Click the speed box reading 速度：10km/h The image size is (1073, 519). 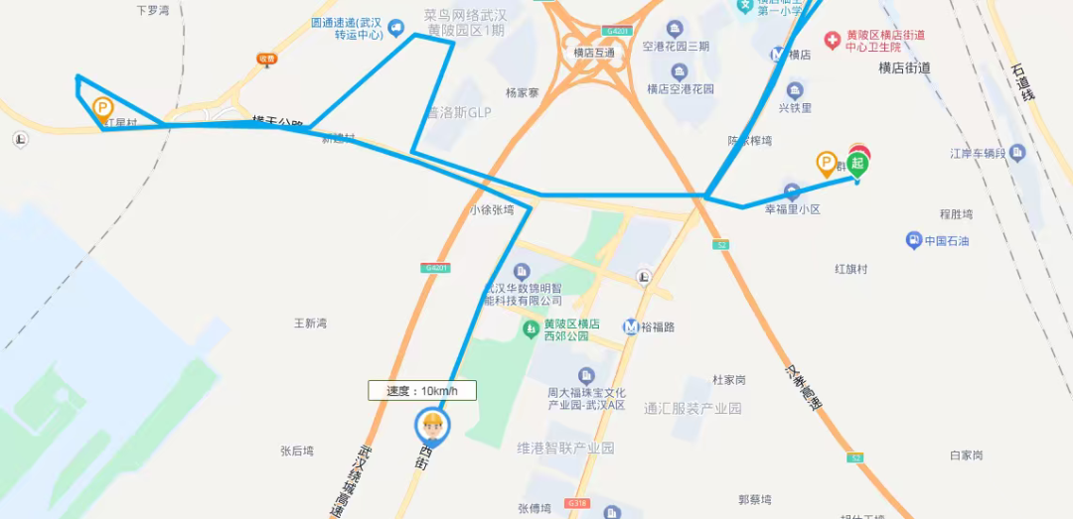point(422,391)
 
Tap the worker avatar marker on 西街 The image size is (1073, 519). point(432,427)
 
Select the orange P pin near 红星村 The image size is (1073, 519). point(102,109)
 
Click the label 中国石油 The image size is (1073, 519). point(946,241)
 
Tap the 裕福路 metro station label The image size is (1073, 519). point(656,326)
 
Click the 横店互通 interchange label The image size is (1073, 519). point(594,53)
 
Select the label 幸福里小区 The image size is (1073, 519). point(792,209)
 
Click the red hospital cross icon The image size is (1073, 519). point(833,41)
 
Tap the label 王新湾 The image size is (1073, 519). point(310,324)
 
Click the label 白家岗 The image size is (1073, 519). point(966,454)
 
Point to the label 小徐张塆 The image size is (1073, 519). point(492,210)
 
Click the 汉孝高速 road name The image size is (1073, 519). point(804,388)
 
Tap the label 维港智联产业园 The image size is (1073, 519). point(566,449)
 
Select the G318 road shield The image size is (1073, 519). point(576,503)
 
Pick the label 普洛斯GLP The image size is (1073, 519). point(459,113)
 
